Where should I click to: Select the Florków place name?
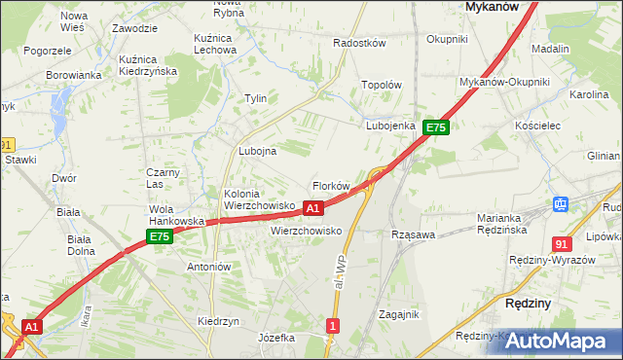coord(330,186)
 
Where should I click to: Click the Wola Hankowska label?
coord(175,215)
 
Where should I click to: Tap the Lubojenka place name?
coord(391,126)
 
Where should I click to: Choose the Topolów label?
coord(382,85)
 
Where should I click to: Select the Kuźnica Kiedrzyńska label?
coord(147,65)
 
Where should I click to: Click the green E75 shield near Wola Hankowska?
coord(160,236)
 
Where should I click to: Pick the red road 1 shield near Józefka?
coord(334,326)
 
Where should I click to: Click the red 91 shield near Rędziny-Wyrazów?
coord(561,243)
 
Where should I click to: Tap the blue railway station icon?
coord(561,204)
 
